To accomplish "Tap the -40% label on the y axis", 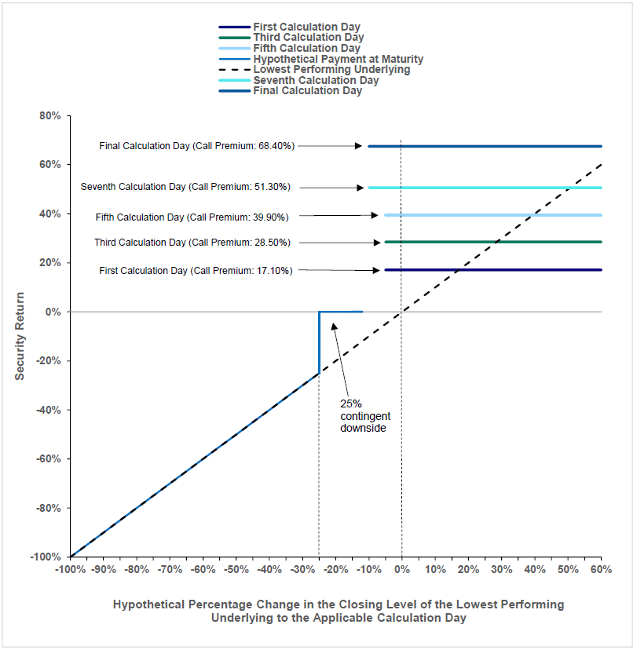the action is pos(49,410).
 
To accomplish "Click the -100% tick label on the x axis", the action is pos(71,569).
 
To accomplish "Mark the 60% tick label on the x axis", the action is pos(602,569).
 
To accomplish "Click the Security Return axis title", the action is pos(20,336).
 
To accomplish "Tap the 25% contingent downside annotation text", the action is pos(365,416).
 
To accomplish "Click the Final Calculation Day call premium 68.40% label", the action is pos(196,146).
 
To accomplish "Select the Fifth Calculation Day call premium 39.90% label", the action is pos(192,217).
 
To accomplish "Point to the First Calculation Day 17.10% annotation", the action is pos(196,271).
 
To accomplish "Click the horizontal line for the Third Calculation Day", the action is pos(493,242).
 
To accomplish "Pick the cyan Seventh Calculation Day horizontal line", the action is pos(485,188).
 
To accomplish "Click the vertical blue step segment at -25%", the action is pos(319,343).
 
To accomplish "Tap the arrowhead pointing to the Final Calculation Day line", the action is pos(358,146).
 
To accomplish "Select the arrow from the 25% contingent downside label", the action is pos(340,360).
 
